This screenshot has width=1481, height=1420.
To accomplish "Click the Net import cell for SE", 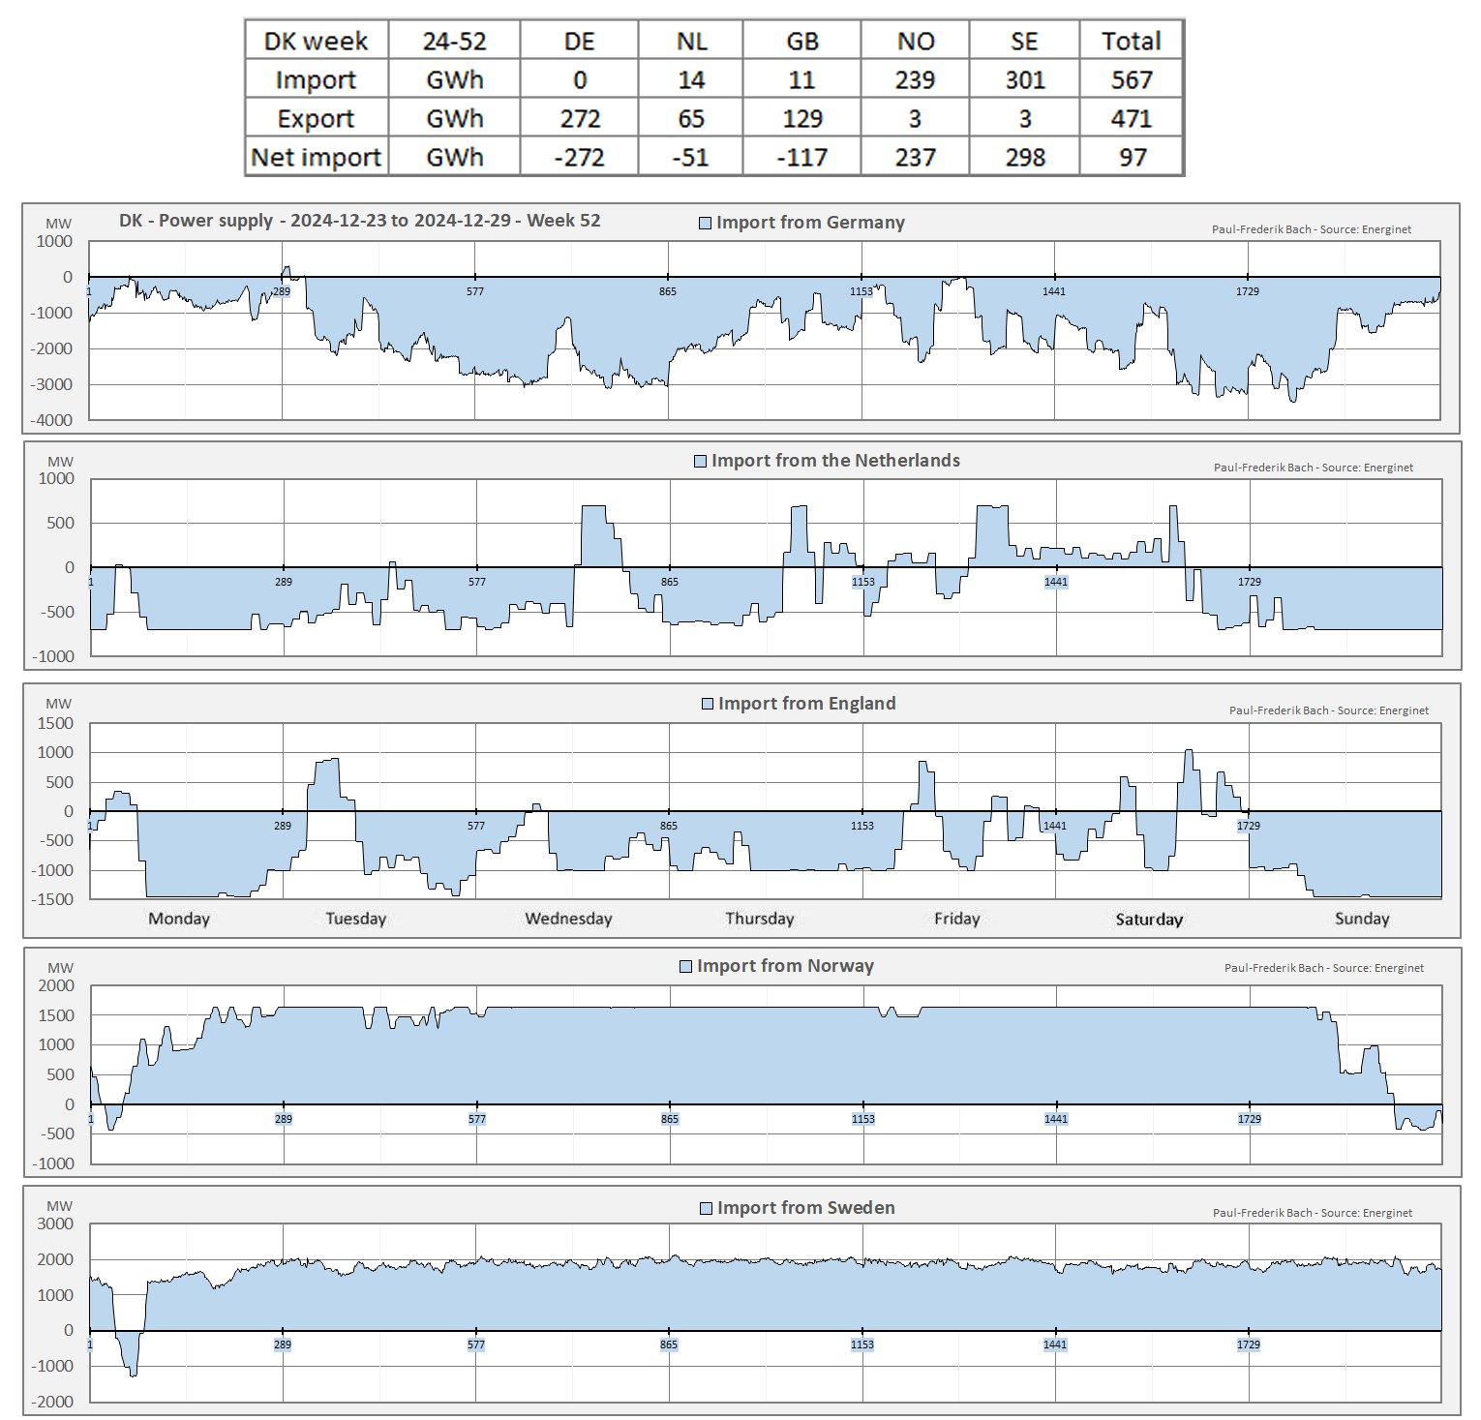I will click(1024, 157).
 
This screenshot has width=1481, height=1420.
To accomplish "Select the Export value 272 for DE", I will click(580, 118).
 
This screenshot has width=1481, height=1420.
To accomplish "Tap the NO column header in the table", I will click(915, 41).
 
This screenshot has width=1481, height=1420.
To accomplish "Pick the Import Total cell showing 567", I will click(1131, 79).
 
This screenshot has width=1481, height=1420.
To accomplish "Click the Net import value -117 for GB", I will click(801, 157).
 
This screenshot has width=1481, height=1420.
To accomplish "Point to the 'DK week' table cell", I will click(317, 41).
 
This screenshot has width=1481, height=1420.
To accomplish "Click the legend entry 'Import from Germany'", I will click(801, 223).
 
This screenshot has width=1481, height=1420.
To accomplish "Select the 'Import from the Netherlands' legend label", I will click(827, 461).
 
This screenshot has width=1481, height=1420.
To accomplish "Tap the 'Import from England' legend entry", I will click(799, 704).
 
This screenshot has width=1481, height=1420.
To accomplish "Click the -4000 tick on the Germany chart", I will click(55, 420).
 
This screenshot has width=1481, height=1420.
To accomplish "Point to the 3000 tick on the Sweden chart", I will click(55, 1224).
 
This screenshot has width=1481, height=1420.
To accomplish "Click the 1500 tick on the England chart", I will click(55, 723).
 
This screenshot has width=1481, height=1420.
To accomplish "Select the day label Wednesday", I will click(568, 919).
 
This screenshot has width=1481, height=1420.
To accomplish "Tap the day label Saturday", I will click(1149, 919).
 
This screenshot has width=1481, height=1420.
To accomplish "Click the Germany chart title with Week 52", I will click(359, 221).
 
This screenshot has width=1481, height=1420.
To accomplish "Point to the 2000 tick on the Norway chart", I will click(55, 985).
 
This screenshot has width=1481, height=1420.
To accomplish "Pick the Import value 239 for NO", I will click(915, 79).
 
